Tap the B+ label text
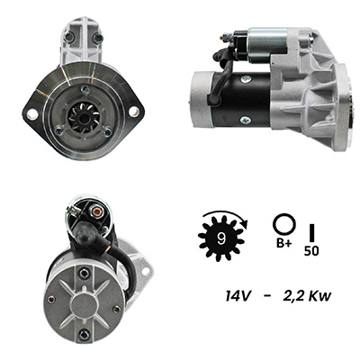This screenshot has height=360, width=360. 283,243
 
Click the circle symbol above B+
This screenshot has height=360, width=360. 283,224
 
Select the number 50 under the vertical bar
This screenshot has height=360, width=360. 311,251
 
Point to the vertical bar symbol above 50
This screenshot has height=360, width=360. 312,232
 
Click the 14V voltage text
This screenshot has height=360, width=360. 238,296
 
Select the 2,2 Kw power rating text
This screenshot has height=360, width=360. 307,296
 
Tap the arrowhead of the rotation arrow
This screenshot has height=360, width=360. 246,224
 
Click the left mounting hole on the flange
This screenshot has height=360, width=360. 32,114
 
